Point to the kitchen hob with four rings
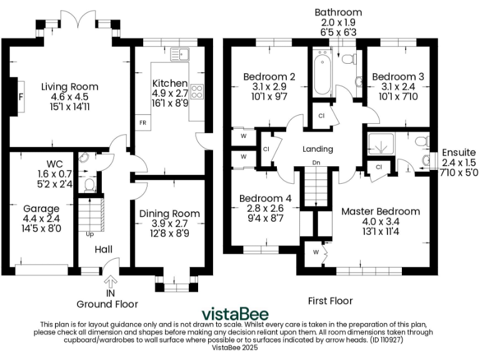point(197,92)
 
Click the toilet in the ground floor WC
point(89,184)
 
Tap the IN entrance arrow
point(111,283)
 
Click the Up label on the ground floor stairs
point(89,235)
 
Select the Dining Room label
point(169,214)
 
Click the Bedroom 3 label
point(398,76)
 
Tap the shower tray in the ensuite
point(379,146)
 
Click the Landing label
point(318,149)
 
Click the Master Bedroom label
point(380,211)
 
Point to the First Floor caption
point(330,301)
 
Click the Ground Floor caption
point(107,304)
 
